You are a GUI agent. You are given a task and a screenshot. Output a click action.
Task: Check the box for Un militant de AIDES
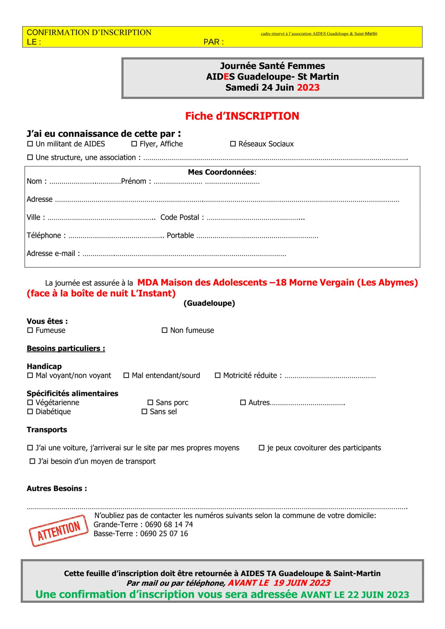[x=30, y=144]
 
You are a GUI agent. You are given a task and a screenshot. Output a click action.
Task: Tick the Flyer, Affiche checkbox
[x=134, y=144]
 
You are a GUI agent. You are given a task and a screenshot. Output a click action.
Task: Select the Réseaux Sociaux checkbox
[x=233, y=144]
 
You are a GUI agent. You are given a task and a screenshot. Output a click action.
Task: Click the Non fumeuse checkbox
[x=164, y=330]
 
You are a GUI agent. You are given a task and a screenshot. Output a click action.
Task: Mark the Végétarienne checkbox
[x=30, y=403]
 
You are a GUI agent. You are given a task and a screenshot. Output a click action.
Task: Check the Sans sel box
[x=144, y=412]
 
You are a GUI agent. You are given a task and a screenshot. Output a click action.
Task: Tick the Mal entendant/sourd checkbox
[x=126, y=376]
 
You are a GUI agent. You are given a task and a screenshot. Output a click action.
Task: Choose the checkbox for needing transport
[x=32, y=461]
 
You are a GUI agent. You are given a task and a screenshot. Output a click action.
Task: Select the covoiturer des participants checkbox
[x=262, y=448]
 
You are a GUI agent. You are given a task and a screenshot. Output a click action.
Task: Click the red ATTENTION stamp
[x=58, y=531]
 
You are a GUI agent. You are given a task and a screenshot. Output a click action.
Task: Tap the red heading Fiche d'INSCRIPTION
[x=242, y=116]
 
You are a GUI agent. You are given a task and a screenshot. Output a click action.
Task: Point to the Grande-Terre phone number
[x=169, y=525]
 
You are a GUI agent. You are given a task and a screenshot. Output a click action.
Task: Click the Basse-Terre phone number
[x=164, y=534]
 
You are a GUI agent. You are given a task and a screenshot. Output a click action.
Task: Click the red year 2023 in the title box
[x=308, y=87]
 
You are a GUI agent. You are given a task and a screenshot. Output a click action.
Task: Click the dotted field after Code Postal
[x=255, y=218]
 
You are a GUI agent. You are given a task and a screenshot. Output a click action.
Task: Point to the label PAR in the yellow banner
[x=214, y=42]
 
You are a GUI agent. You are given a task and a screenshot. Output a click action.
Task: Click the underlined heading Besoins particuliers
[x=66, y=348]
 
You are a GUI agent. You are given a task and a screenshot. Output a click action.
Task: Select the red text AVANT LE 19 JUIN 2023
[x=279, y=583]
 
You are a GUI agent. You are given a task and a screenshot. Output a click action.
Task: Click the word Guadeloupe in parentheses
[x=209, y=303]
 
